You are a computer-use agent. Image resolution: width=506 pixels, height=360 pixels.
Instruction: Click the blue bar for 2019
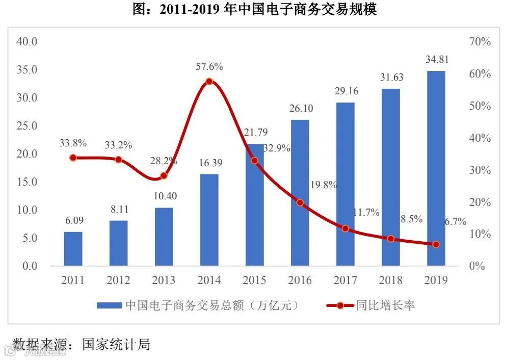[x=436, y=168]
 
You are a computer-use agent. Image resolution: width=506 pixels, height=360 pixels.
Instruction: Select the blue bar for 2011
[x=73, y=249]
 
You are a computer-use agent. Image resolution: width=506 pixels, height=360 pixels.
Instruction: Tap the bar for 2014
[x=209, y=220]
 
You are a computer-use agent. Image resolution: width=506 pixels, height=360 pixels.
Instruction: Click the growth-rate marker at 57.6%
[x=209, y=82]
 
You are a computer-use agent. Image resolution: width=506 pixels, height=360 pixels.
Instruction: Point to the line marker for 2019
[x=436, y=245]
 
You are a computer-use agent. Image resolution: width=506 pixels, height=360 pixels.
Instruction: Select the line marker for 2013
[x=164, y=176]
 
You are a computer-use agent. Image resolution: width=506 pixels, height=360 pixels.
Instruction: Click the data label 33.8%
[x=73, y=143]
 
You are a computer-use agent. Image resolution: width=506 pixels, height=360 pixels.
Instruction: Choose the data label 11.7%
[x=366, y=213]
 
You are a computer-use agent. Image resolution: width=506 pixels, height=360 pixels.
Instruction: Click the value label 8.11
[x=118, y=209]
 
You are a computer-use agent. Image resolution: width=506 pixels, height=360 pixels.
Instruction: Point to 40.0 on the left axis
[x=27, y=41]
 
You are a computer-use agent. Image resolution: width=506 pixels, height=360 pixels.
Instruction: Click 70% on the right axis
[x=480, y=42]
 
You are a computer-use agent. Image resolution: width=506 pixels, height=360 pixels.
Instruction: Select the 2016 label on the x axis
[x=300, y=280]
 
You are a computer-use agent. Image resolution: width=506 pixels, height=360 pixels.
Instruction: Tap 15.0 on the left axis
[x=27, y=182]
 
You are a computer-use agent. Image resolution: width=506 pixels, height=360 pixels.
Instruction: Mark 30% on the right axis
[x=480, y=170]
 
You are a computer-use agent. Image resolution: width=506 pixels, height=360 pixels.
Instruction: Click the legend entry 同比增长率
[x=385, y=305]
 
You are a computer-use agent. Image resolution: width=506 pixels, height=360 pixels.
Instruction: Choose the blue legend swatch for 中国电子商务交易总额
[x=109, y=306]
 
